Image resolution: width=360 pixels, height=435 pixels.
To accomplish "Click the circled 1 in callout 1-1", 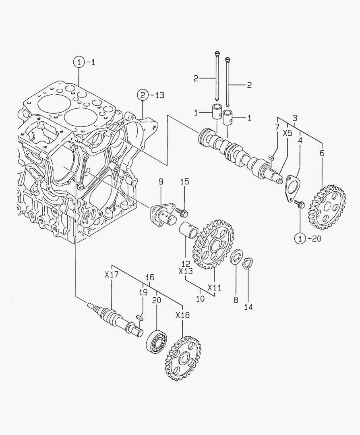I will [x=79, y=62].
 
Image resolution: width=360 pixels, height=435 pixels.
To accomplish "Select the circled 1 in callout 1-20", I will [x=300, y=239].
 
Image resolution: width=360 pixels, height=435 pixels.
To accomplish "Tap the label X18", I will [x=182, y=315].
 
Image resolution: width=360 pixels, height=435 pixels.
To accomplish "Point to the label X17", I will [x=111, y=275].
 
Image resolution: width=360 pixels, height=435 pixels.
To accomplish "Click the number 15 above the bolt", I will [x=184, y=182].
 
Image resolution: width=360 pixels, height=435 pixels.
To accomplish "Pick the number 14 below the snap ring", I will [x=248, y=307].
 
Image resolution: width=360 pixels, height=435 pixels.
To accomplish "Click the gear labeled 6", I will [x=327, y=207].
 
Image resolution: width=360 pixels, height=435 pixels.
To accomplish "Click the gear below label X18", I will [x=182, y=358].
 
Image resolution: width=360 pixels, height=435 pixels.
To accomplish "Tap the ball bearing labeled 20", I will [x=157, y=341].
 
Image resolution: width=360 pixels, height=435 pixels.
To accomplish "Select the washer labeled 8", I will [x=236, y=257].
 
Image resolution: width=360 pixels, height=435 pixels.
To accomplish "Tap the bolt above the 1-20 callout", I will [x=299, y=204].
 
